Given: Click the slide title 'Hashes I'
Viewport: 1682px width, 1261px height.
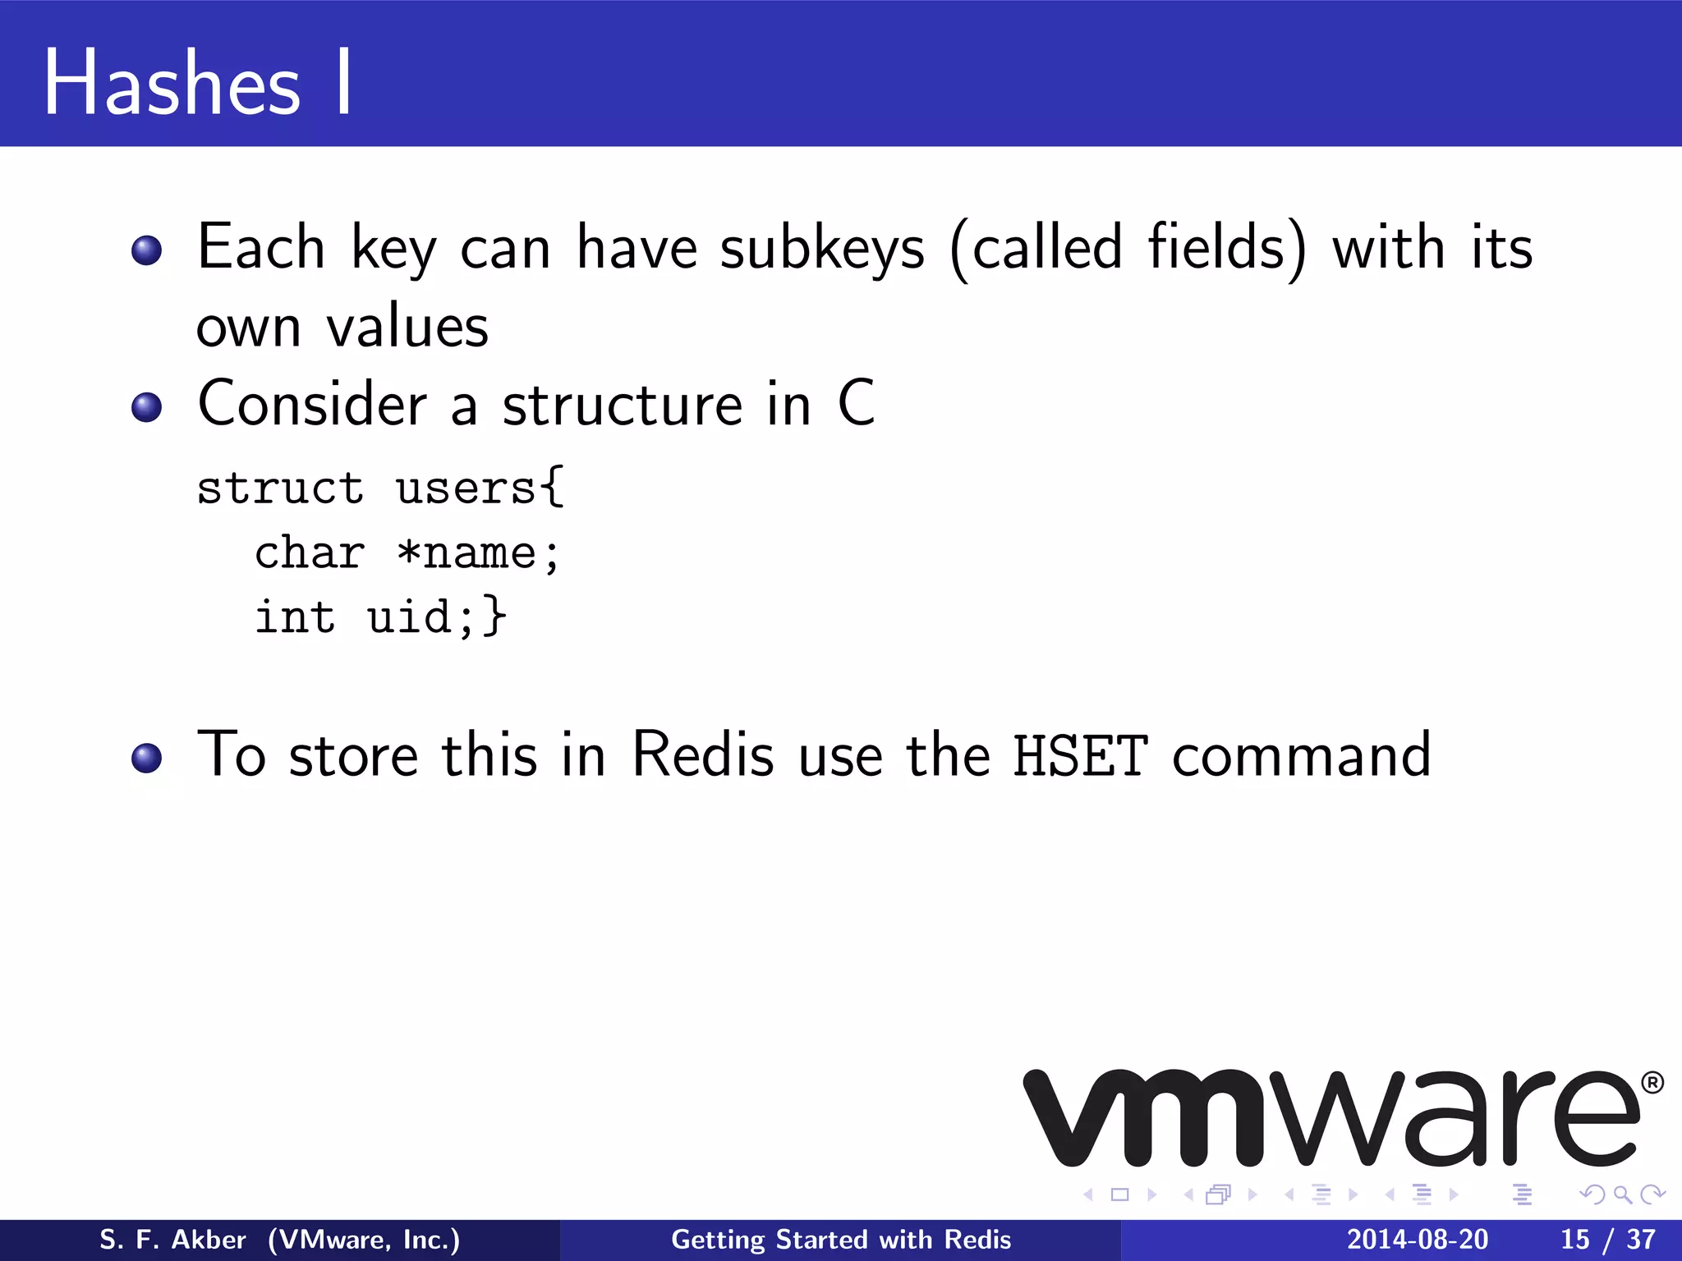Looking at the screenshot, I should [197, 82].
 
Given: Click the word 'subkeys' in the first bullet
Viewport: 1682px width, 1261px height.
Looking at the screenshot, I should [822, 248].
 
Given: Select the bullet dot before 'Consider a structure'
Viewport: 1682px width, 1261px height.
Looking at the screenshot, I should [147, 407].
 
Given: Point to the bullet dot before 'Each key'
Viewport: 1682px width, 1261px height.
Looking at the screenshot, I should [147, 250].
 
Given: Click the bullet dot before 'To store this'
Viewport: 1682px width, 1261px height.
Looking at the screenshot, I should [147, 758].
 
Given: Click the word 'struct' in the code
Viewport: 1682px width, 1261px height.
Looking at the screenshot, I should [280, 488].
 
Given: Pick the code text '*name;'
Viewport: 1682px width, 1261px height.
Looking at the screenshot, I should [478, 553].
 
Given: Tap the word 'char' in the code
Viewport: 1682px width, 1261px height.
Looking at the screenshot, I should [310, 553].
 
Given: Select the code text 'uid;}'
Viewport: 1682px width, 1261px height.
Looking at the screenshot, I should [436, 617].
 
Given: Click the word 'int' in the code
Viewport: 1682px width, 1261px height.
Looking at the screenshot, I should [295, 617].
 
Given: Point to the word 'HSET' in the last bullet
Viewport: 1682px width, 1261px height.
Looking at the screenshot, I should [1079, 755].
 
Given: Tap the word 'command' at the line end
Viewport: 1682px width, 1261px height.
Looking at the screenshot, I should [1302, 755].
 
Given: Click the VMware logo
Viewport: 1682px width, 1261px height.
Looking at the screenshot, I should [1330, 1118].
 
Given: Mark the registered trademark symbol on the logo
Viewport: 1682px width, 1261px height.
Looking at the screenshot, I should [1653, 1083].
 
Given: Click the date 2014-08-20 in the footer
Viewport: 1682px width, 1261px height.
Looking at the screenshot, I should [1418, 1240].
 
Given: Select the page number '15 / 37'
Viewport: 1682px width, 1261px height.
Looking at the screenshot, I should [1607, 1240].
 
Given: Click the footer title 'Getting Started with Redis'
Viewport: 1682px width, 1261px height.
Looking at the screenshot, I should [841, 1240].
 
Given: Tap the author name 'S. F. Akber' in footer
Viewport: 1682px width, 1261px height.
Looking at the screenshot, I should [172, 1240].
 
